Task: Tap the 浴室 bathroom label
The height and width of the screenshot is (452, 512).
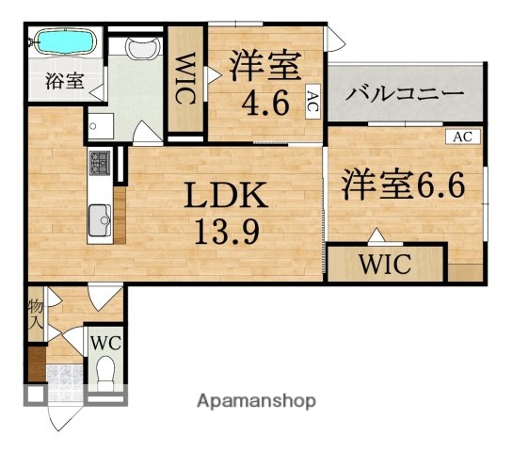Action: [x=64, y=81]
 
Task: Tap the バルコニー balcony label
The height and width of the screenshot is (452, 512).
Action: [x=404, y=94]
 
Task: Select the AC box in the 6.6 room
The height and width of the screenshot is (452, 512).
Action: [x=461, y=137]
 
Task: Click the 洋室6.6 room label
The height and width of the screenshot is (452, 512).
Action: [x=403, y=183]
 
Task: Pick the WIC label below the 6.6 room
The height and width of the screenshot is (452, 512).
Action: [x=385, y=263]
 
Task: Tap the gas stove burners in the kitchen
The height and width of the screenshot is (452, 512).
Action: [x=100, y=164]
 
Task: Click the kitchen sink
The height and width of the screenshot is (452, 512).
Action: [x=98, y=221]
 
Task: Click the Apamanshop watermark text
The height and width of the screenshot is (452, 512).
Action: [x=255, y=400]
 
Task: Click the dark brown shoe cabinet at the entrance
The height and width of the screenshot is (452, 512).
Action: [x=35, y=363]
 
